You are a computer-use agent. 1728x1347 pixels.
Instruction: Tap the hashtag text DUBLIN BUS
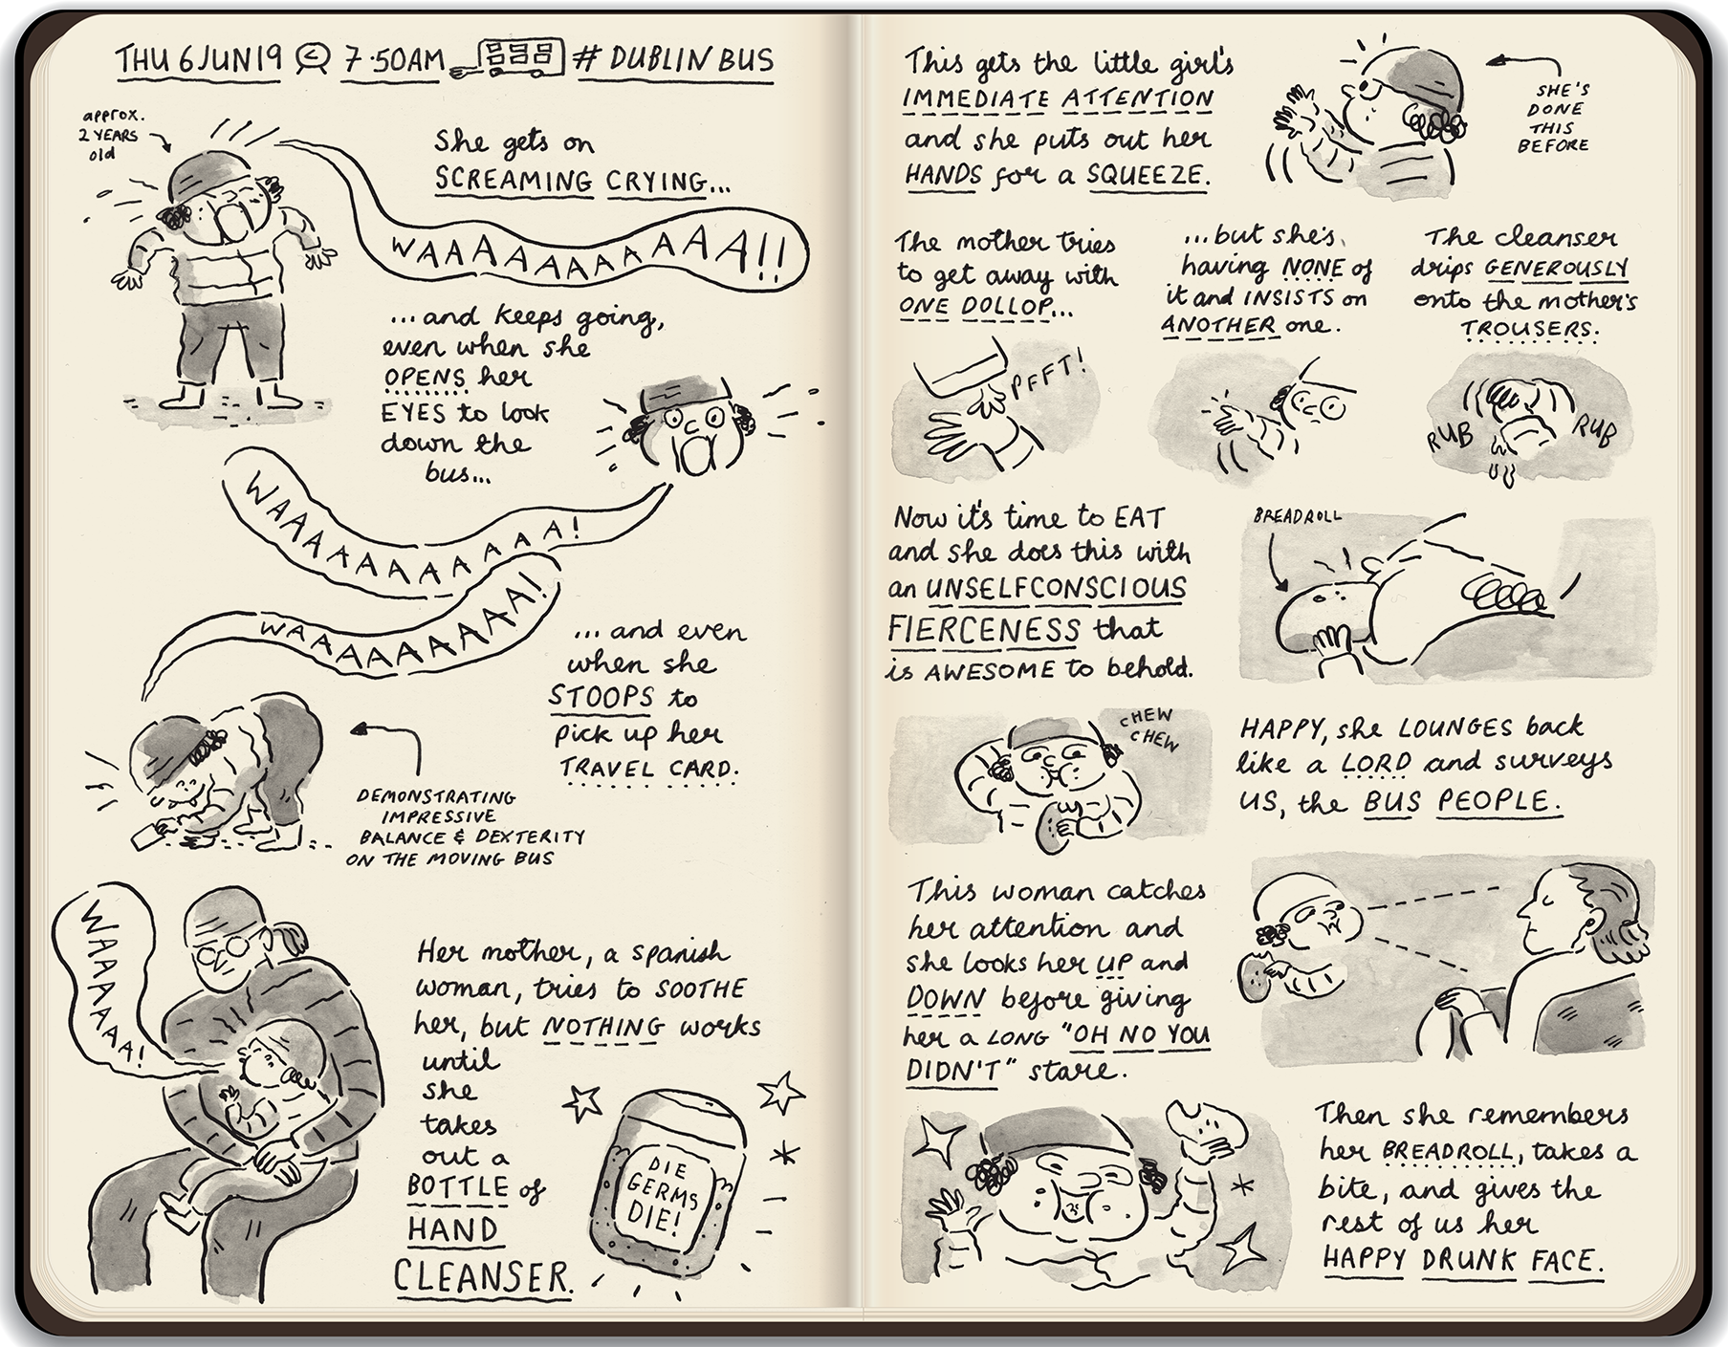pos(675,59)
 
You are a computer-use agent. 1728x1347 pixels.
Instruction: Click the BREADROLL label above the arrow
pos(1296,517)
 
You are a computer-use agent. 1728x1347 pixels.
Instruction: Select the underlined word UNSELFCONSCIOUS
pos(1056,589)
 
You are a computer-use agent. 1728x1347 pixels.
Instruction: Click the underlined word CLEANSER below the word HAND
pos(482,1276)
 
